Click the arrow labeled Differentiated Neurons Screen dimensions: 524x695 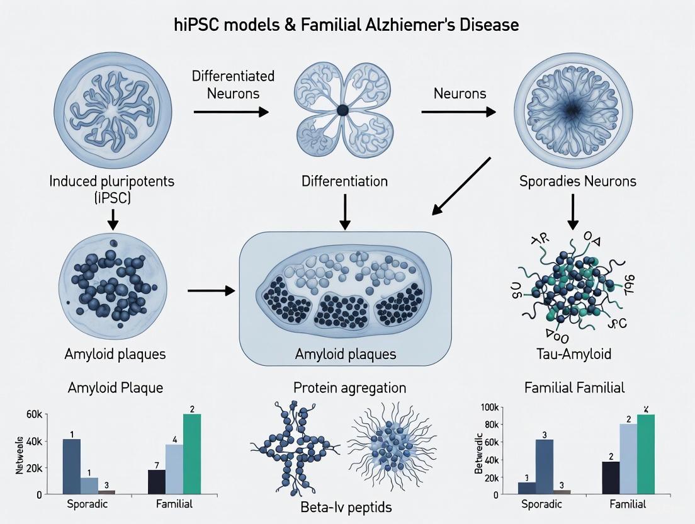(x=230, y=111)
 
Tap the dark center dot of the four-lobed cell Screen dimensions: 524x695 (x=342, y=110)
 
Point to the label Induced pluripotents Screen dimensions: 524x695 (x=112, y=181)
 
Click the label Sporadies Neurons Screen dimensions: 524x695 (x=577, y=181)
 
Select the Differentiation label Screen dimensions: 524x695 (x=344, y=181)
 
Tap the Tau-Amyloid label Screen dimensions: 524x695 (x=576, y=354)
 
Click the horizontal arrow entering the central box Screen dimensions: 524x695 (x=211, y=290)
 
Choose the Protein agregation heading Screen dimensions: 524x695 (x=349, y=387)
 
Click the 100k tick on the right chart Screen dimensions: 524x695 (x=489, y=407)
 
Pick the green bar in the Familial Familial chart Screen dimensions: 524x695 (x=646, y=454)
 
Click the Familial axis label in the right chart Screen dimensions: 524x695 (x=629, y=504)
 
